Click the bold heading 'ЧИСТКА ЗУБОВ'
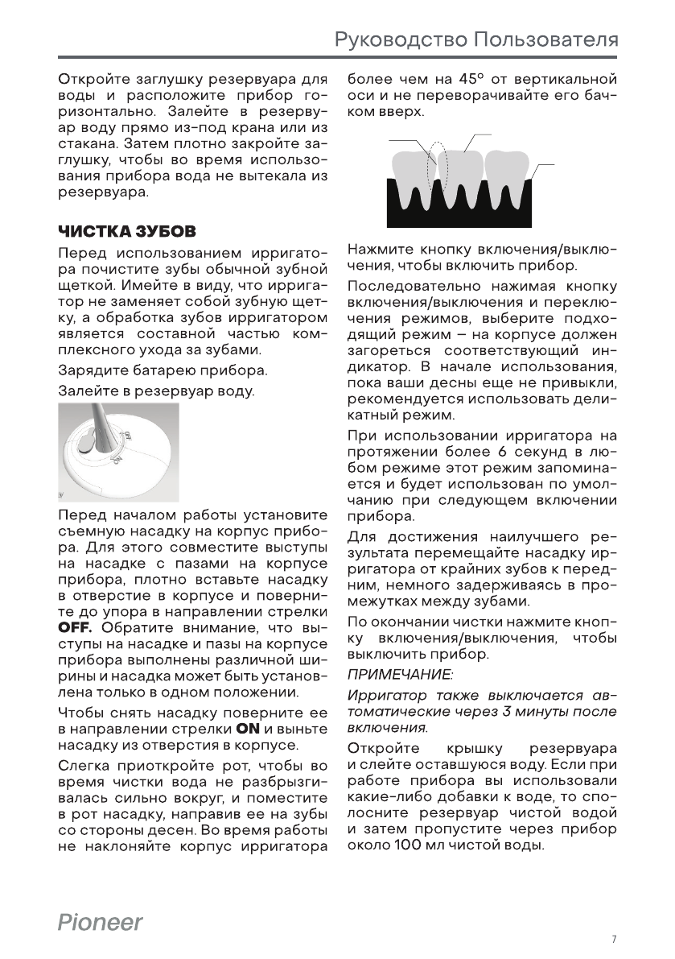coord(126,232)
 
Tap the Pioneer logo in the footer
coord(100,922)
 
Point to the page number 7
coord(614,939)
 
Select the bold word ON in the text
coord(247,729)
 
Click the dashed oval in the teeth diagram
coord(436,166)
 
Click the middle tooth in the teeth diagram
coord(467,173)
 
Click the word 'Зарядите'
coord(88,371)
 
